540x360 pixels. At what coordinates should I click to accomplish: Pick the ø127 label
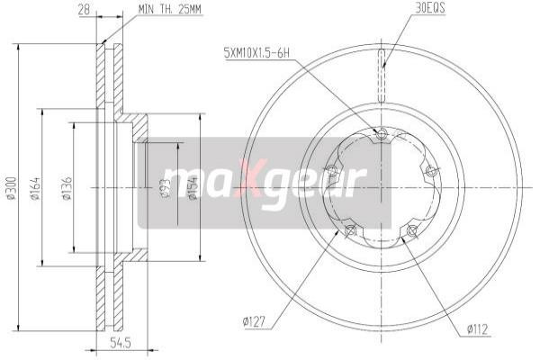click(x=255, y=319)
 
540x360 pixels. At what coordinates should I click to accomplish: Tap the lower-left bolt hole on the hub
click(x=349, y=232)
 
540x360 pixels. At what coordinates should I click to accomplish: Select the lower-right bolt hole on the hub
click(x=412, y=232)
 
